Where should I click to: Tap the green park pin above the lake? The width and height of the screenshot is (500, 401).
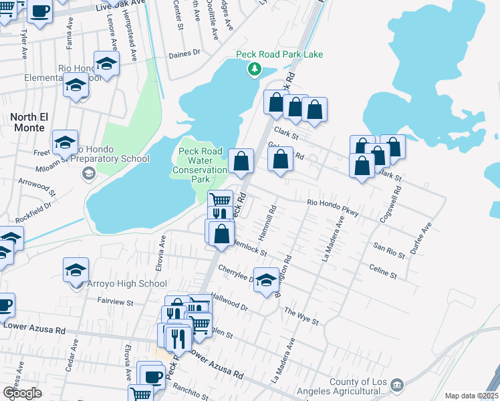[x=254, y=68]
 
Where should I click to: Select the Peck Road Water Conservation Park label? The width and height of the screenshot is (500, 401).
[x=200, y=166]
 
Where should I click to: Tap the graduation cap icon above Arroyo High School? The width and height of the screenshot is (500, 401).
[x=76, y=270]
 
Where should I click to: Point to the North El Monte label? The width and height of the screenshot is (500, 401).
[x=27, y=117]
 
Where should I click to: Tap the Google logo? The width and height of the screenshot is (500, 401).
[x=22, y=392]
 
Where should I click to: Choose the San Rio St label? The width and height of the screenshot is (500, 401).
[x=390, y=251]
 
